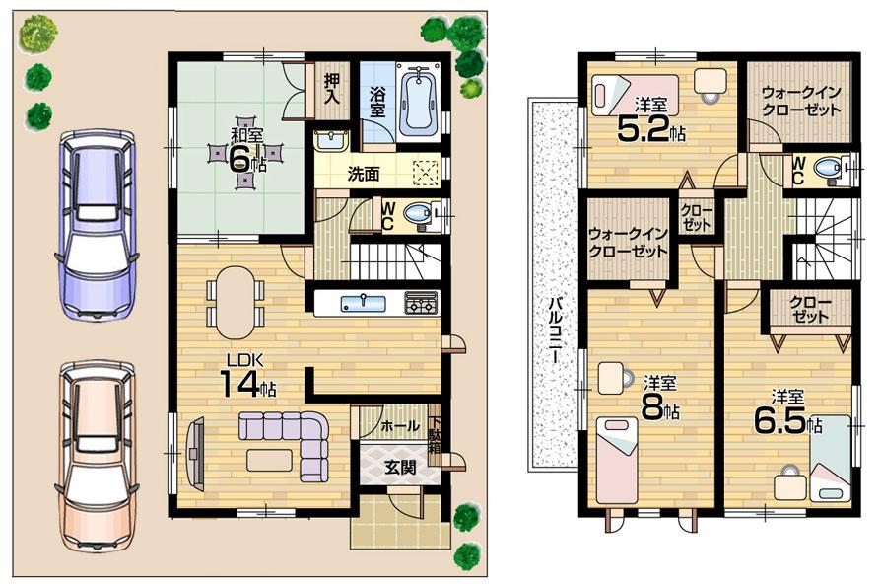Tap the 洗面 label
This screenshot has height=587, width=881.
363,175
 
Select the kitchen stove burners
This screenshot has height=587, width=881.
421,302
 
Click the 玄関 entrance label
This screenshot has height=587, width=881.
399,467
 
